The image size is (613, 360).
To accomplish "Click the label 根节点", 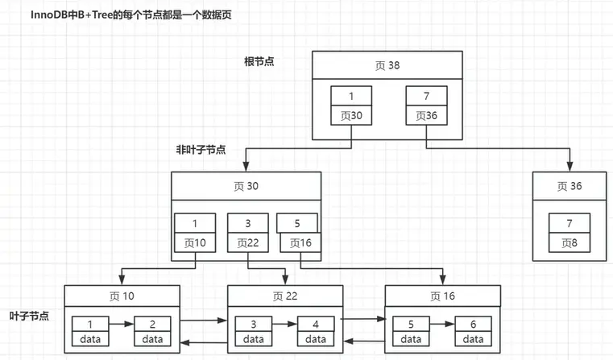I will [x=259, y=61].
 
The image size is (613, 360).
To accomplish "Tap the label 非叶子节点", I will [x=201, y=150].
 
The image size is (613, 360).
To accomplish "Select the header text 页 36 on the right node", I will [x=570, y=187].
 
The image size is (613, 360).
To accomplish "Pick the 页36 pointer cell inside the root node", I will [x=425, y=116].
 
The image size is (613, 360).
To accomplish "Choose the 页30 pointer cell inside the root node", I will [x=351, y=116].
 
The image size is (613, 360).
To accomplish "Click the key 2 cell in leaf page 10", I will [x=151, y=323].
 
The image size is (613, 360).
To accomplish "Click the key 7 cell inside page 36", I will [x=570, y=222].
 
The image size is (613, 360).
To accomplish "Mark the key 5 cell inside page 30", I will [x=296, y=222].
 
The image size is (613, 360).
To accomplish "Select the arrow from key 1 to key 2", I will [x=120, y=323].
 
